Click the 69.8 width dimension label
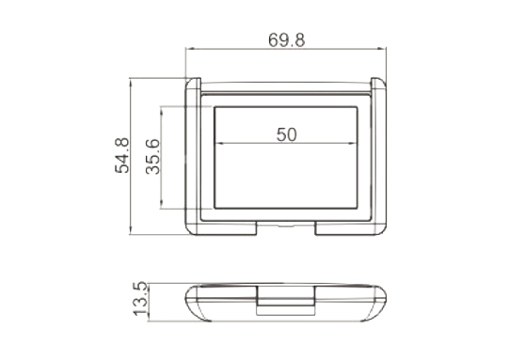tap(286, 40)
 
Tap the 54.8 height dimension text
tap(122, 155)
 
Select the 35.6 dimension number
tap(153, 157)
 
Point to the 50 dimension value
tap(286, 134)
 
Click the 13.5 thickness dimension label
tap(141, 298)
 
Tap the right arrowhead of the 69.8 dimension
tap(382, 49)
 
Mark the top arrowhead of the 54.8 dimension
tap(131, 83)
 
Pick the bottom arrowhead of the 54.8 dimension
tap(131, 230)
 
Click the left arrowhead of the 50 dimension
tap(219, 143)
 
